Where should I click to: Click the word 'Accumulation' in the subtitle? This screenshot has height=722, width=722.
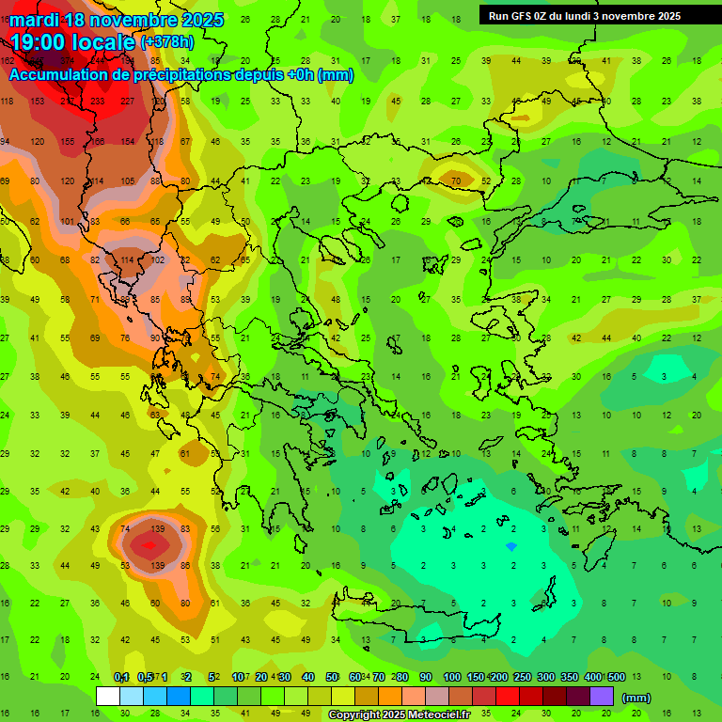pyautogui.click(x=66, y=75)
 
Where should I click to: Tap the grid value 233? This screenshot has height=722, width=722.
pyautogui.click(x=98, y=102)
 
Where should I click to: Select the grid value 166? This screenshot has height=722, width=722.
pyautogui.click(x=98, y=141)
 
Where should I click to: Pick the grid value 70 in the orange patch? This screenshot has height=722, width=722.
pyautogui.click(x=456, y=180)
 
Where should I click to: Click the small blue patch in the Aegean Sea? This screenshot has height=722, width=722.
pyautogui.click(x=510, y=545)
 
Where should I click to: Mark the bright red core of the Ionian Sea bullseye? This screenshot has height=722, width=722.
pyautogui.click(x=148, y=543)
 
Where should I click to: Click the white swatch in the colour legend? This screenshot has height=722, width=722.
pyautogui.click(x=108, y=697)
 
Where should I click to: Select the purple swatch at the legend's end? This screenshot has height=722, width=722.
pyautogui.click(x=602, y=697)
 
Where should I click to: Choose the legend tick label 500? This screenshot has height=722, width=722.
pyautogui.click(x=616, y=677)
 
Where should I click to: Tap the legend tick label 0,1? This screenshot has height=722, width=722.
pyautogui.click(x=120, y=677)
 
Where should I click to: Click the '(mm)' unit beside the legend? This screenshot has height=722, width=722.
pyautogui.click(x=636, y=698)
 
